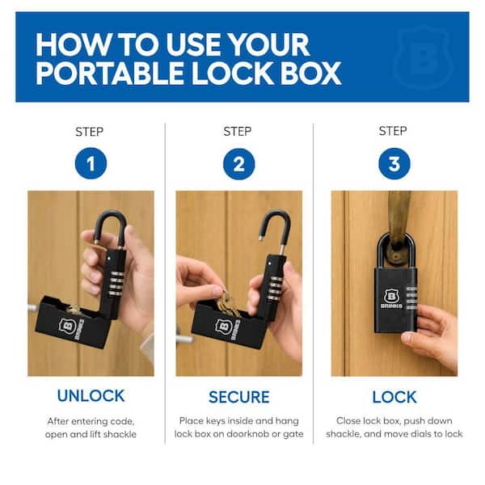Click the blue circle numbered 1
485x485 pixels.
(91, 163)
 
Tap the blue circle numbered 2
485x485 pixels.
(238, 164)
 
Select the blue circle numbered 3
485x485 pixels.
(394, 163)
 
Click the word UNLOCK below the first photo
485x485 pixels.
(91, 395)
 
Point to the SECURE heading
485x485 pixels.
(238, 397)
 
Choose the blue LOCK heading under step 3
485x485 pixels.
(394, 397)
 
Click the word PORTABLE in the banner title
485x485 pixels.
(110, 73)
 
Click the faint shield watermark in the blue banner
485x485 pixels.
(424, 57)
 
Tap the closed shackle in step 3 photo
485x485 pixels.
(379, 251)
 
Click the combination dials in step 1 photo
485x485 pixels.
(116, 284)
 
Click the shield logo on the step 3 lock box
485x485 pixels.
(391, 296)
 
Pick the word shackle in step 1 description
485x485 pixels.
(120, 434)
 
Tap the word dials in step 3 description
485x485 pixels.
(432, 433)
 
